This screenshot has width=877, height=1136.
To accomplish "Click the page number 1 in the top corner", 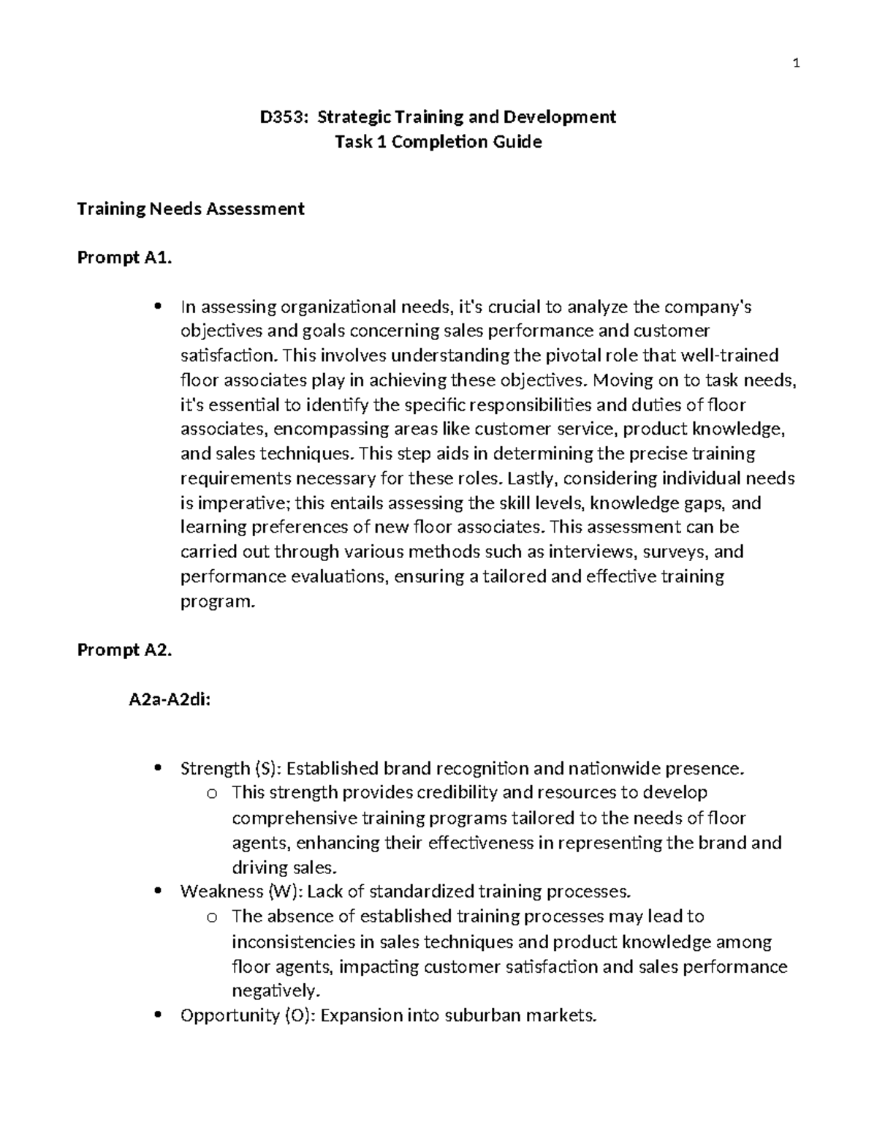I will tap(797, 64).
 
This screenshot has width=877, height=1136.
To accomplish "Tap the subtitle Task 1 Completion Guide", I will tap(438, 142).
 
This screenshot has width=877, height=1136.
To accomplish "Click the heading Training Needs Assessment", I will tap(191, 209).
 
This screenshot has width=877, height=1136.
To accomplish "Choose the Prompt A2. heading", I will tap(124, 650).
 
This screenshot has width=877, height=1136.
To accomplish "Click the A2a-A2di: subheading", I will tap(170, 700).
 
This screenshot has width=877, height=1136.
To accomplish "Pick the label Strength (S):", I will tap(230, 769).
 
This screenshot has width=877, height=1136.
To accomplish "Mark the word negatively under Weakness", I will tap(276, 991).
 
